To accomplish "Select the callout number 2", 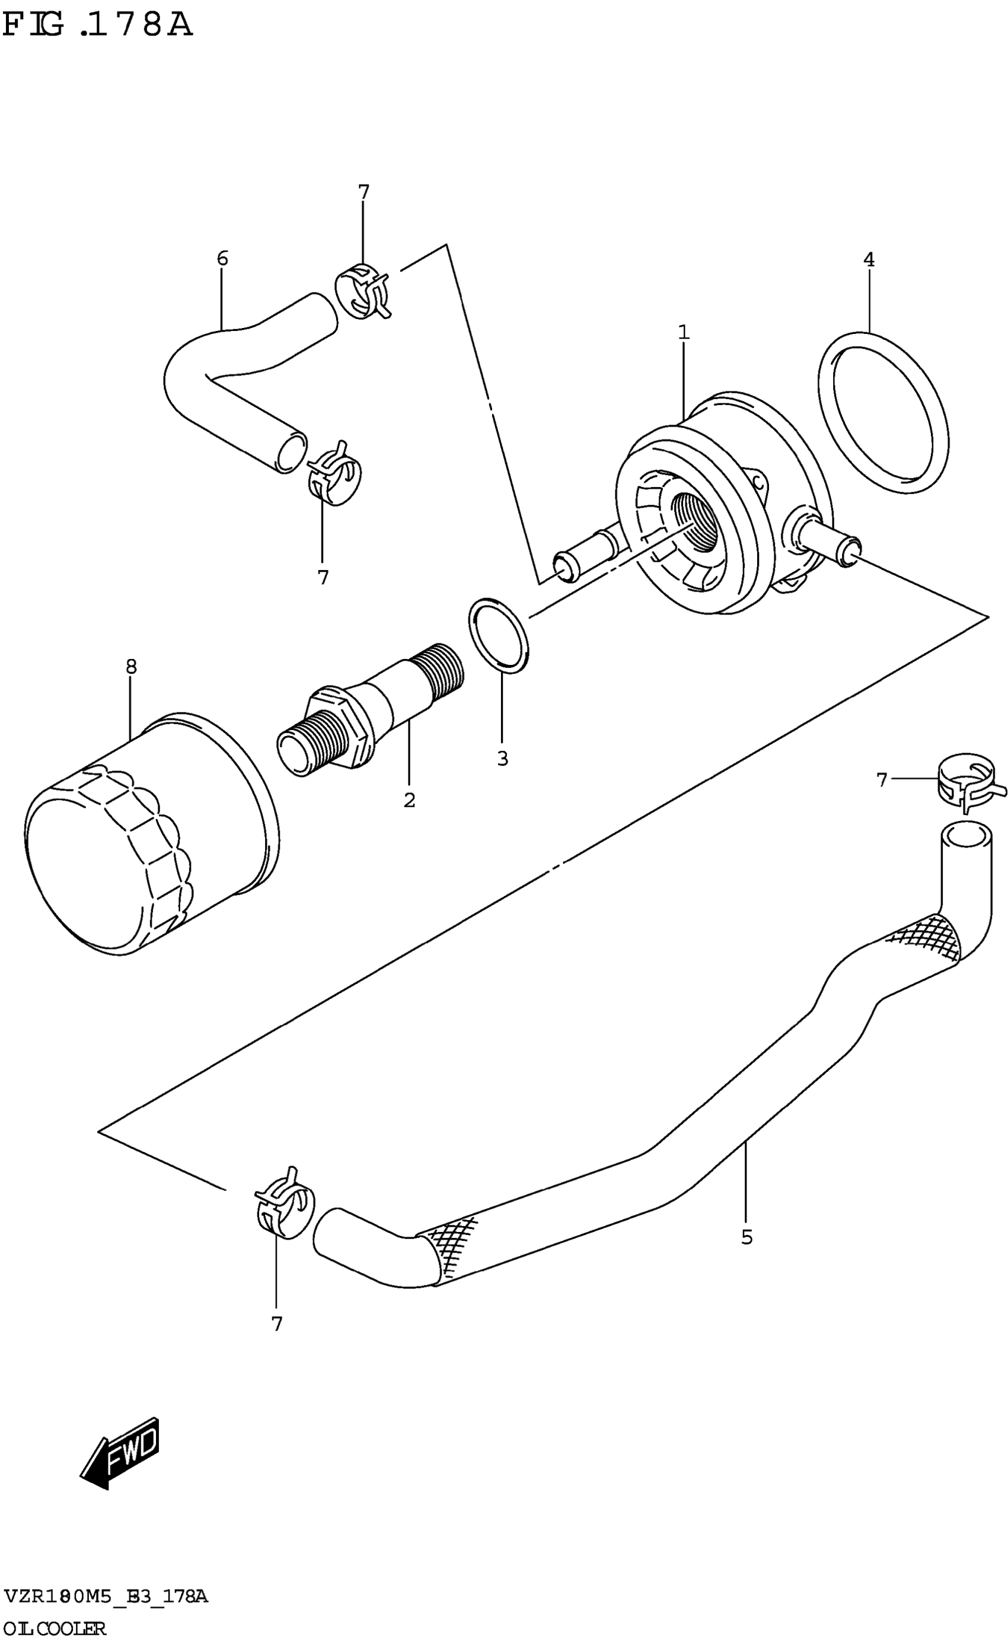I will (x=409, y=800).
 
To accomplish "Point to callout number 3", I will (x=503, y=759).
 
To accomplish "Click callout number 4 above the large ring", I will (x=869, y=259).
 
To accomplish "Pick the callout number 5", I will (x=747, y=1237).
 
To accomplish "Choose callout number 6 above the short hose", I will (x=223, y=258).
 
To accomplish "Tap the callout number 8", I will (x=131, y=666).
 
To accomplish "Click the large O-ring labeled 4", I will (x=883, y=413).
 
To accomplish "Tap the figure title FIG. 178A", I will (x=98, y=26).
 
